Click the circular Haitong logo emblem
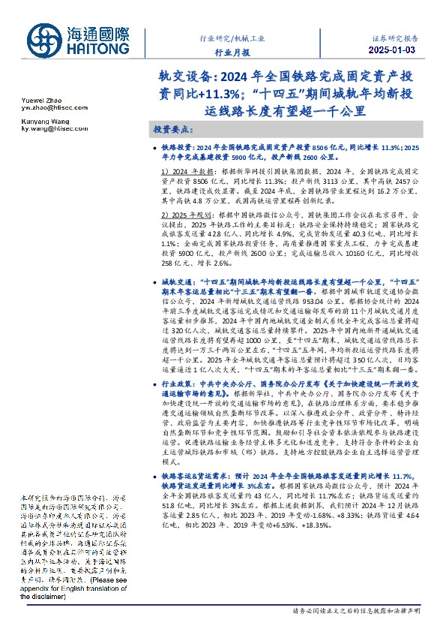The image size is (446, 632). [x=46, y=40]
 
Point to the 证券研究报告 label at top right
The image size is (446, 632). [x=396, y=35]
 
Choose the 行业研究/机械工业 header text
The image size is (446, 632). [x=232, y=37]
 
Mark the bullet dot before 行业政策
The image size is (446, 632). [x=153, y=384]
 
